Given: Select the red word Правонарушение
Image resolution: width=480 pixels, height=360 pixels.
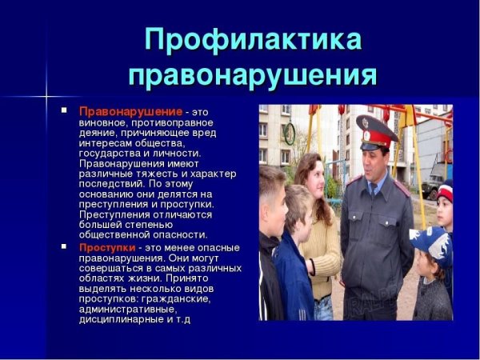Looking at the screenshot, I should pyautogui.click(x=130, y=111).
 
